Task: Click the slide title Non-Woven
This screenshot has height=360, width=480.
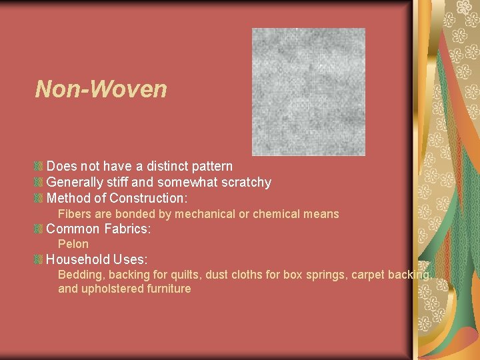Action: coord(101,89)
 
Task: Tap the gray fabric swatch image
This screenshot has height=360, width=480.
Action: coord(308,92)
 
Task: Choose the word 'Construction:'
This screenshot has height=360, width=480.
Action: coord(149,198)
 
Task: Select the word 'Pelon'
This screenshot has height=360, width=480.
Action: coord(73,244)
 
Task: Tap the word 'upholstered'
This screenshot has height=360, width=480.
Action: coord(110,289)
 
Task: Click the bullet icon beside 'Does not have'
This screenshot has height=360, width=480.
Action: coord(39,166)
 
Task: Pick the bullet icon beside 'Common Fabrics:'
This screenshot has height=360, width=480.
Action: coord(39,229)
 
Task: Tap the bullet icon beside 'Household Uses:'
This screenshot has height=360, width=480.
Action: coord(39,259)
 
